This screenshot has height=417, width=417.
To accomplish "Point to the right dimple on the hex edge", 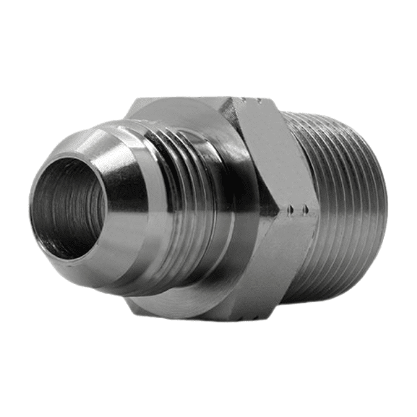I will pyautogui.click(x=306, y=209).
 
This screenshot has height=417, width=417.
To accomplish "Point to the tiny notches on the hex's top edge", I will pyautogui.click(x=251, y=98).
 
